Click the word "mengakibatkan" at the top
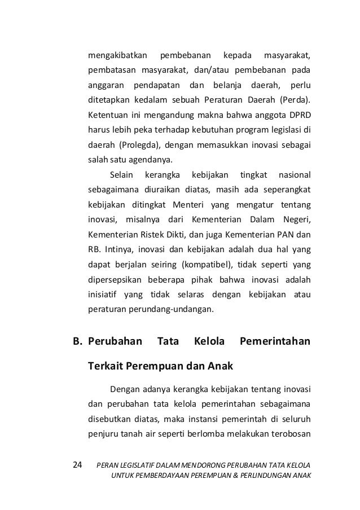pos(117,56)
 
